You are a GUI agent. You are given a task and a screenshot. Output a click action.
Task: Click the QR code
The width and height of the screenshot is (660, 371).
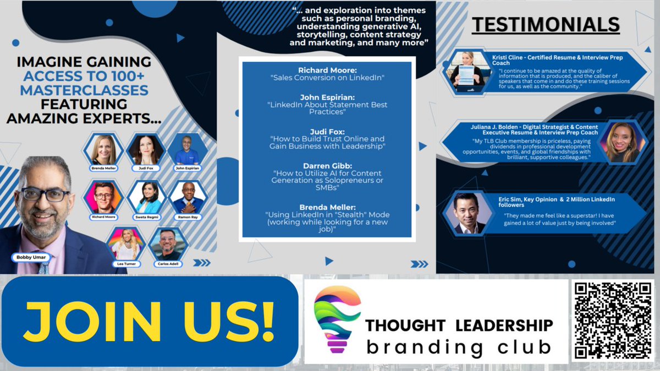coord(613,320)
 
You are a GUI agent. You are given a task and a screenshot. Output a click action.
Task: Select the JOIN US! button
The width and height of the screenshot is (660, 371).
coord(149,321)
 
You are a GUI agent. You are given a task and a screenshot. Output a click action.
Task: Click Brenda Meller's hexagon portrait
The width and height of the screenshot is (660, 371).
coord(103,149)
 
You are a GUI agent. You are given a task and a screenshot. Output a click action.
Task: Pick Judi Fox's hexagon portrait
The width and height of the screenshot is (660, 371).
coord(146,149)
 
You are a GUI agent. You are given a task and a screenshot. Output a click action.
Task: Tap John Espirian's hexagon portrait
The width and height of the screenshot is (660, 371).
coord(187,149)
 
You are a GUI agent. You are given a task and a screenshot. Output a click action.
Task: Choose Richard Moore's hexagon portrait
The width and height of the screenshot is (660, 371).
coord(103,197)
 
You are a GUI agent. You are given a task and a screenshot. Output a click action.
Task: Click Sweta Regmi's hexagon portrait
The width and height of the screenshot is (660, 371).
coord(146,197)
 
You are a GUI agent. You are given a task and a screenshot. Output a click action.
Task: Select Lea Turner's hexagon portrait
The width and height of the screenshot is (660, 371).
coord(126,243)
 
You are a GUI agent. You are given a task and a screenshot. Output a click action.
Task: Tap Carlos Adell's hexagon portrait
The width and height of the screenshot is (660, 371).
coord(167,243)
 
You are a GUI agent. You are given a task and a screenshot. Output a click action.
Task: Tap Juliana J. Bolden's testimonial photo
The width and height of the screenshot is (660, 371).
coord(619,141)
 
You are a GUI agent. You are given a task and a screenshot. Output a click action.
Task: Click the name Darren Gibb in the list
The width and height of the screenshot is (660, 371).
coord(327,165)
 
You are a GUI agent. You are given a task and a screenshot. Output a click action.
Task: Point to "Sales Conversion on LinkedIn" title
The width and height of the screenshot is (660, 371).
coord(327,78)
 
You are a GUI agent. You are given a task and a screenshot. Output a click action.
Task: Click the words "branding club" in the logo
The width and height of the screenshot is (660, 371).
coord(459,347)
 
